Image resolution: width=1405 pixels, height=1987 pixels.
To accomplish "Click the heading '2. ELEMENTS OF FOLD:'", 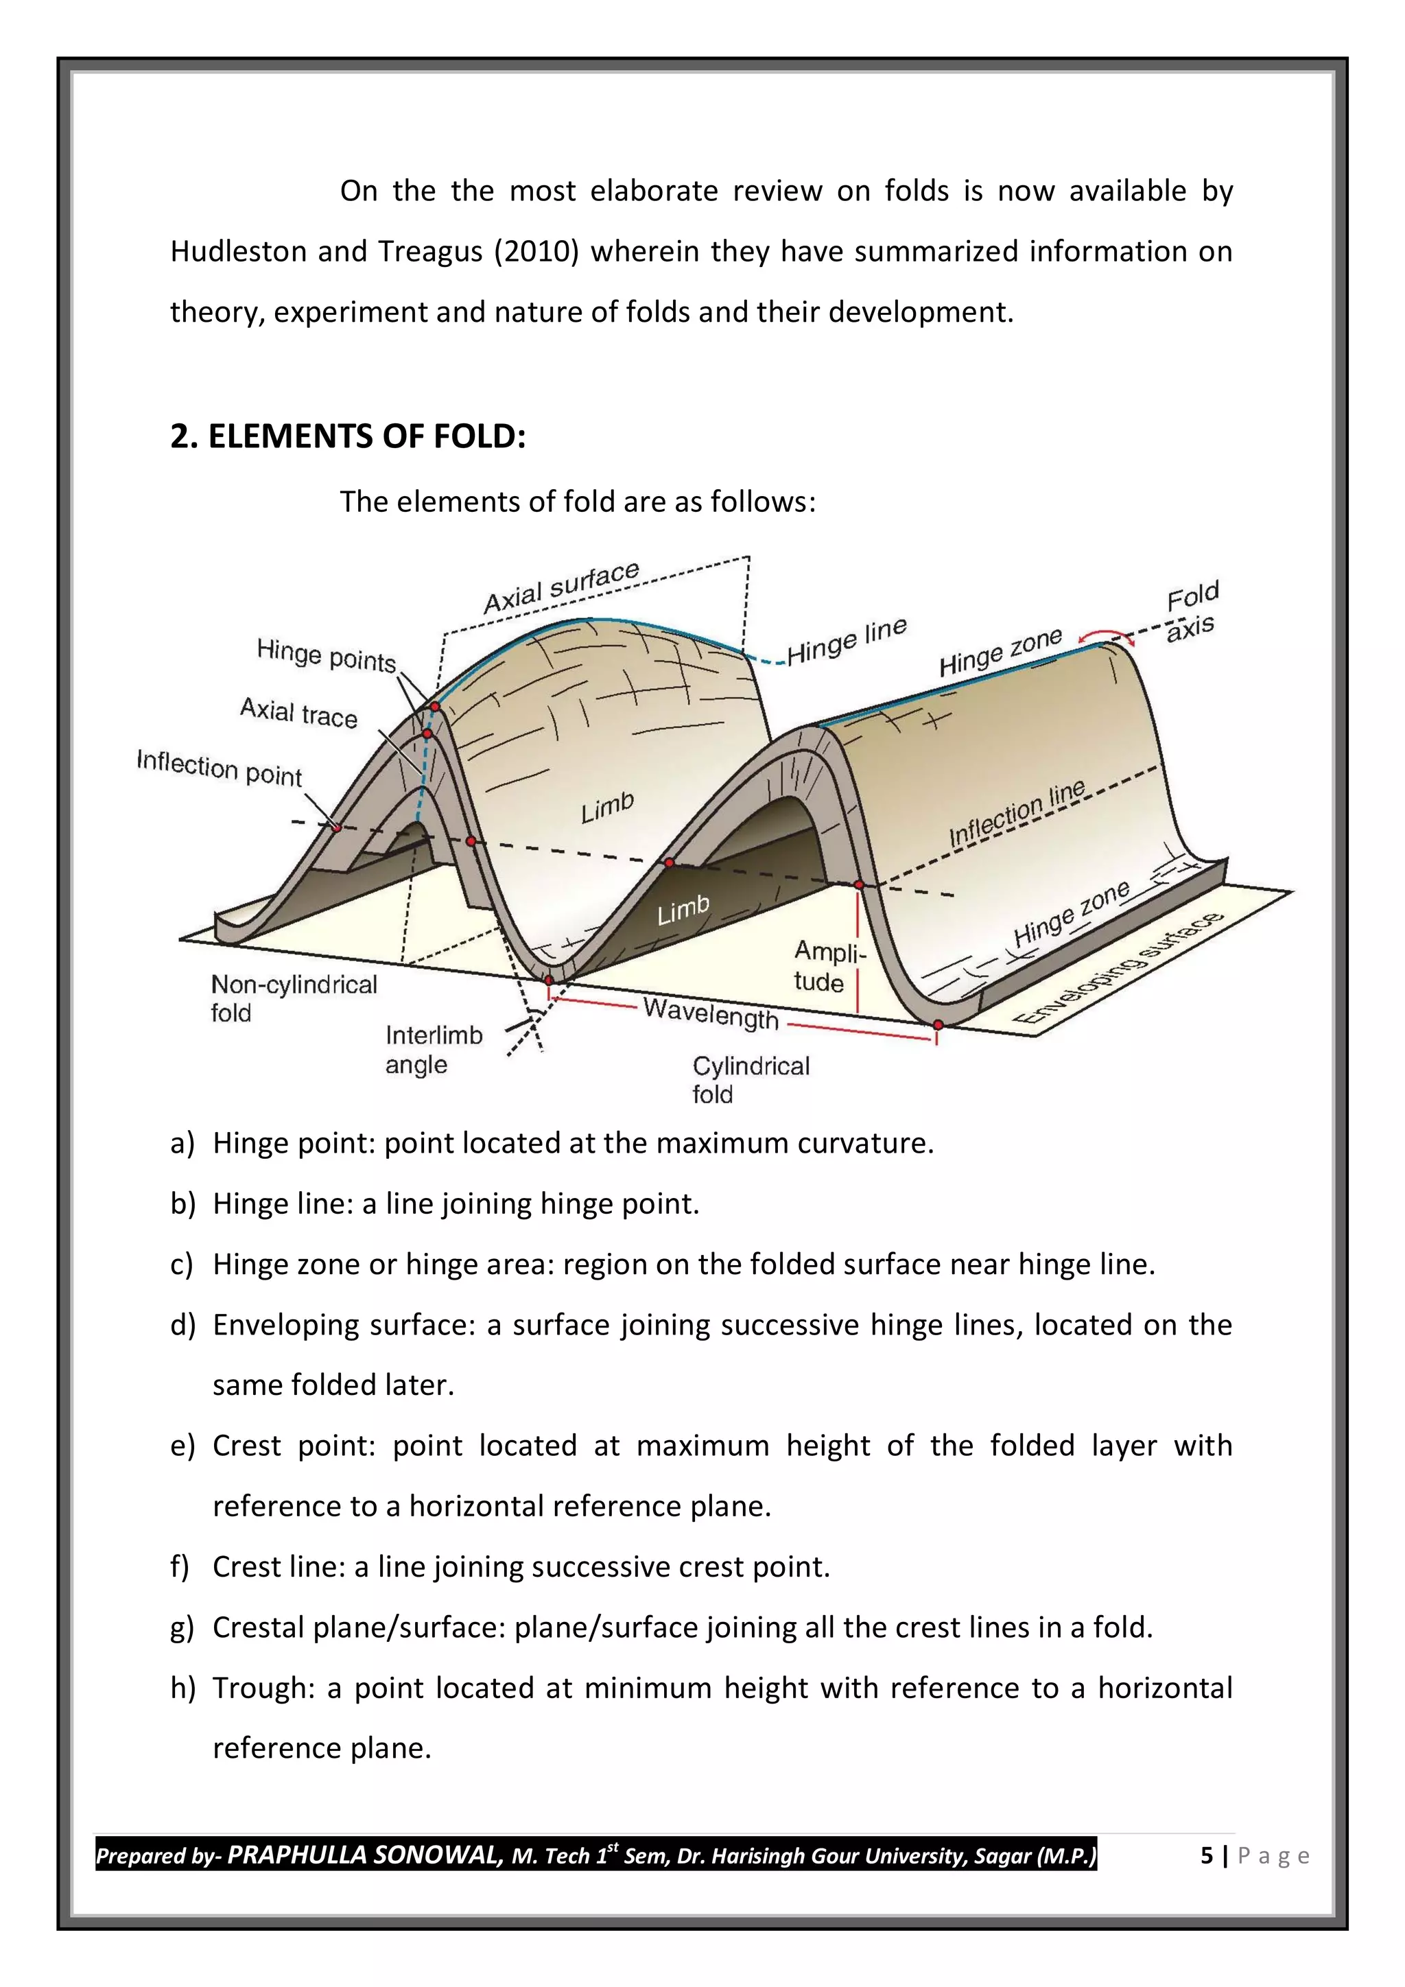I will pyautogui.click(x=348, y=436).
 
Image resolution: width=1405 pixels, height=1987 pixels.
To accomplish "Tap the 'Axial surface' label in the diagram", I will pyautogui.click(x=560, y=587).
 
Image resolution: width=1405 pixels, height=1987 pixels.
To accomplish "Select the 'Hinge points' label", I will pyautogui.click(x=326, y=655).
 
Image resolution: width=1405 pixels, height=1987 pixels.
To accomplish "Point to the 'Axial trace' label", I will pyautogui.click(x=298, y=713).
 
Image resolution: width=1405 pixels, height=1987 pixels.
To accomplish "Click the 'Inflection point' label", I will pyautogui.click(x=220, y=768).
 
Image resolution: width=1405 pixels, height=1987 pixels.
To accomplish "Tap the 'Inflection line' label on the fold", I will pyautogui.click(x=1017, y=814).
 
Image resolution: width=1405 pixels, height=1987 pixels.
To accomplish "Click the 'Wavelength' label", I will pyautogui.click(x=711, y=1013).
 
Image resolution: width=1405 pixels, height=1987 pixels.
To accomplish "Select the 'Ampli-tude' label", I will pyautogui.click(x=828, y=967).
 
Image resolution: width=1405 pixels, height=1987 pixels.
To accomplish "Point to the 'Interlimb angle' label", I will pyautogui.click(x=433, y=1049).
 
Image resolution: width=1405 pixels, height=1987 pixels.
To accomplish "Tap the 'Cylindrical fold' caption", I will pyautogui.click(x=750, y=1079).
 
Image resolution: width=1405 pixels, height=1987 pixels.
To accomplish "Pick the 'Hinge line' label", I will pyautogui.click(x=846, y=640).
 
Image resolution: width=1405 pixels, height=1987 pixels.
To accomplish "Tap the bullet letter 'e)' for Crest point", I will pyautogui.click(x=182, y=1446).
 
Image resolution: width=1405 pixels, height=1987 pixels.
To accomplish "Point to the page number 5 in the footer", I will pyautogui.click(x=1206, y=1855).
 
